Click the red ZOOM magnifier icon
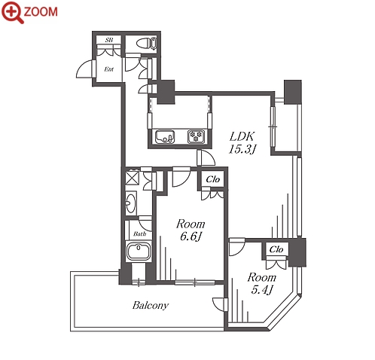pyautogui.click(x=13, y=12)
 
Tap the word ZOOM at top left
pyautogui.click(x=41, y=12)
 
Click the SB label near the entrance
pyautogui.click(x=109, y=40)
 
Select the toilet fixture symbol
pyautogui.click(x=147, y=44)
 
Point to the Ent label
pyautogui.click(x=108, y=69)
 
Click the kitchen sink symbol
pyautogui.click(x=165, y=137)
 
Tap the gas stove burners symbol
pyautogui.click(x=196, y=137)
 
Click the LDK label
pyautogui.click(x=242, y=136)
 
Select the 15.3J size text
pyautogui.click(x=242, y=149)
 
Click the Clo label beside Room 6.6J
pyautogui.click(x=213, y=179)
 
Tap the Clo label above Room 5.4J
pyautogui.click(x=276, y=249)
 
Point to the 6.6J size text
pyautogui.click(x=191, y=236)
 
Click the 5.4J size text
pyautogui.click(x=261, y=290)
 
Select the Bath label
pyautogui.click(x=139, y=234)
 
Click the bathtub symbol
pyautogui.click(x=139, y=252)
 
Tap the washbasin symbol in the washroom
pyautogui.click(x=131, y=203)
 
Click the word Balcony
pyautogui.click(x=151, y=305)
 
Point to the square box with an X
pyautogui.click(x=132, y=177)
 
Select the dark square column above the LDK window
pyautogui.click(x=292, y=92)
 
